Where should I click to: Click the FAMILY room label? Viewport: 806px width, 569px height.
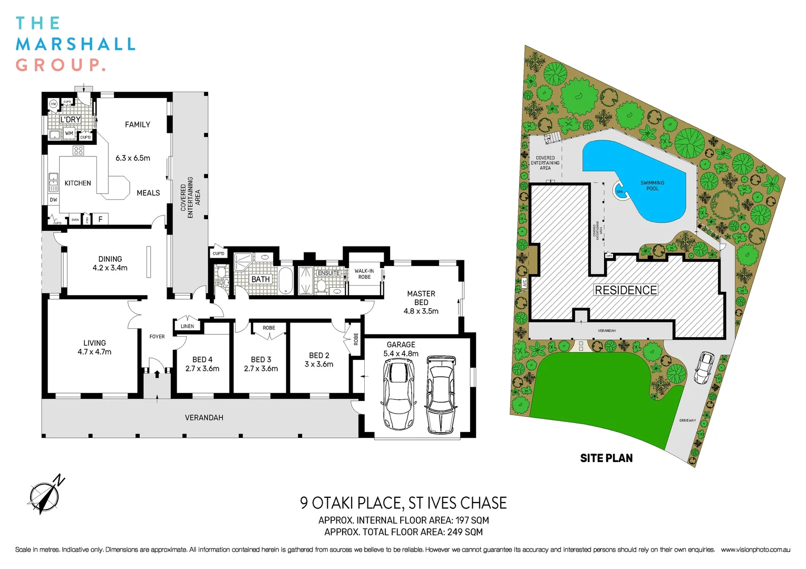pos(137,125)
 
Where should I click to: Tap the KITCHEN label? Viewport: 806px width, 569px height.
pos(77,183)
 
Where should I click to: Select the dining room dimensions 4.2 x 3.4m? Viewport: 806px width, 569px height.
pos(110,268)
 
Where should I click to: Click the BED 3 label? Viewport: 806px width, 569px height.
pos(261,359)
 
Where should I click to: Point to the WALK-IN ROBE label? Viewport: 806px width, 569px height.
pos(364,274)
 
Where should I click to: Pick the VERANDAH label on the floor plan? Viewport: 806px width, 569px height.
pos(204,418)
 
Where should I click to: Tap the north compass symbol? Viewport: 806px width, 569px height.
pos(45,495)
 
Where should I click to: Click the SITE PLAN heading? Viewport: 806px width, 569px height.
pos(606,458)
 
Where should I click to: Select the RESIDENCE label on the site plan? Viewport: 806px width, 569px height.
pos(626,290)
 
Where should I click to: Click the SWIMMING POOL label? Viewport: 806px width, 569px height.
pos(652,185)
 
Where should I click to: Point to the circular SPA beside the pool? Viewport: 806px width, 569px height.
pos(620,191)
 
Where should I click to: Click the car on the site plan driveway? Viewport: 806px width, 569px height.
pos(704,367)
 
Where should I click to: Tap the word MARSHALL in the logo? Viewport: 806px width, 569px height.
pos(76,44)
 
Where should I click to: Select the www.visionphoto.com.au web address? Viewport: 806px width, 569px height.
pos(755,550)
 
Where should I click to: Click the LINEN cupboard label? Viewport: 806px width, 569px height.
pos(187,326)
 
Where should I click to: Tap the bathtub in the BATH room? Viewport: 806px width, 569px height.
pos(285,280)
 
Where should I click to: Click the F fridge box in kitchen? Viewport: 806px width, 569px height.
pos(100,219)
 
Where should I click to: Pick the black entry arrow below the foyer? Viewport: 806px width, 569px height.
pos(157,374)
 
